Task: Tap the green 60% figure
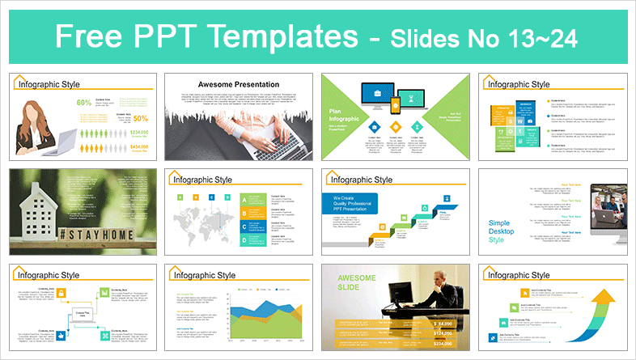tap(83, 103)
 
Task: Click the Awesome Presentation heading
tap(239, 84)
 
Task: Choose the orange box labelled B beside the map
tap(194, 197)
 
